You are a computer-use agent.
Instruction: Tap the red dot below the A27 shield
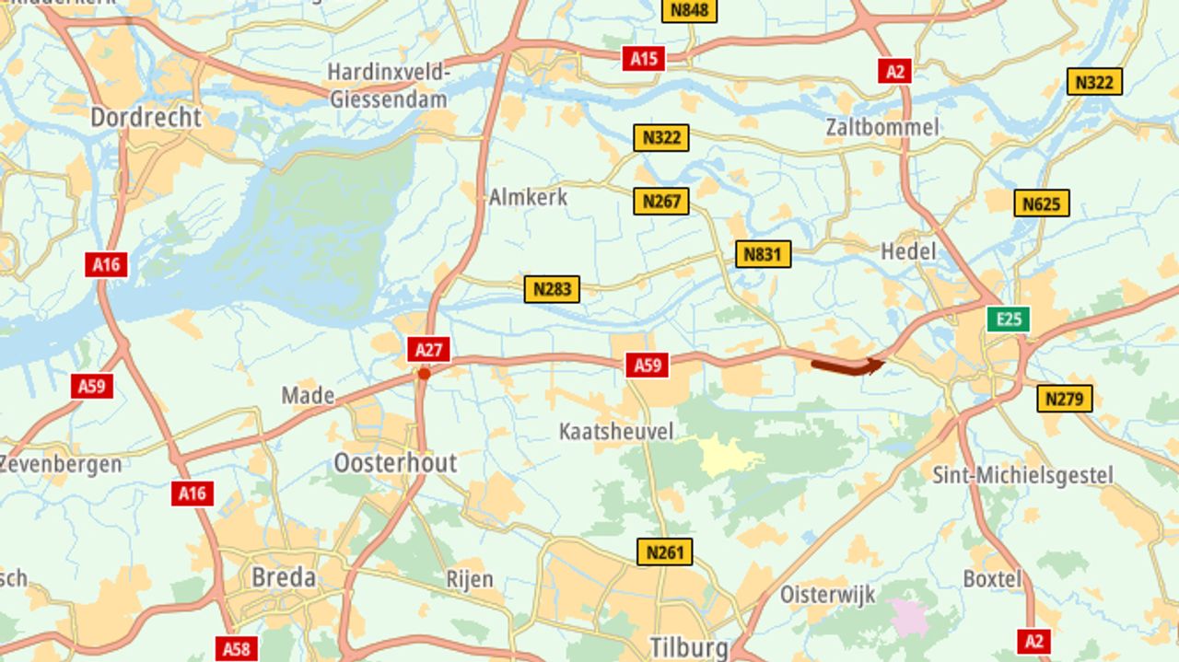424,374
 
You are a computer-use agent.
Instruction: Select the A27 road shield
429,350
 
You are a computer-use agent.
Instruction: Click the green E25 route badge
1009,319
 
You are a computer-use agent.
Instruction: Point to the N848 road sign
689,10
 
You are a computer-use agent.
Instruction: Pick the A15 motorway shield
643,59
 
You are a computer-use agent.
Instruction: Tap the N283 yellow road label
552,289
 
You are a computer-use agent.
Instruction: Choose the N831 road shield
763,254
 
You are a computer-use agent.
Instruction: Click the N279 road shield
1065,399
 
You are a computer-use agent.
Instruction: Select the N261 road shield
664,552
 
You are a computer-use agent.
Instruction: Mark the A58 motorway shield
237,649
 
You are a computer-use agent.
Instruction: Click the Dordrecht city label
146,118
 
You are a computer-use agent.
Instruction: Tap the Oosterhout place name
395,462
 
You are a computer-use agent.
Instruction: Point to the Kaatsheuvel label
616,431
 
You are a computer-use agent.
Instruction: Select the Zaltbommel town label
881,127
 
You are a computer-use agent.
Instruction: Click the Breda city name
284,578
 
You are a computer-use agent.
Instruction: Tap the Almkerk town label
528,197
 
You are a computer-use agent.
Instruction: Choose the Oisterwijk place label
828,594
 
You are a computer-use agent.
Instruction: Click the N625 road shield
1042,203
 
